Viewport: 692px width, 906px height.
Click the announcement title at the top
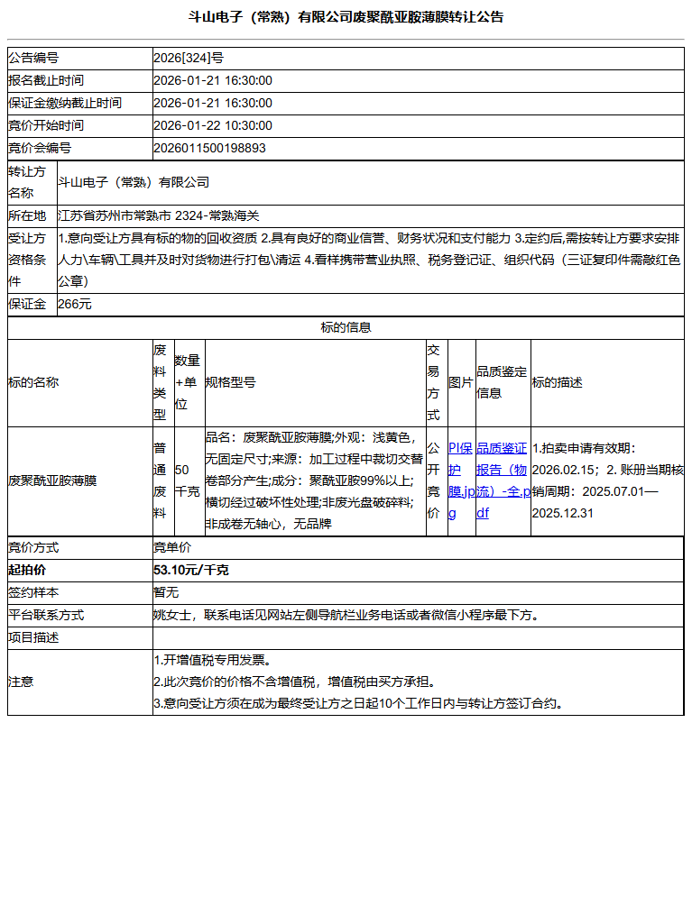point(346,17)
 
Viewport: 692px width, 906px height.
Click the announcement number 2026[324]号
point(189,58)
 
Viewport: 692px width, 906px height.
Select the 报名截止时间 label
point(46,80)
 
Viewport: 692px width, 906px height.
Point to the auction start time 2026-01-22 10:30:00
point(213,125)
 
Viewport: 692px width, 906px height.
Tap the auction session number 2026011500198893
point(209,148)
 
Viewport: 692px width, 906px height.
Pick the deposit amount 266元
point(75,305)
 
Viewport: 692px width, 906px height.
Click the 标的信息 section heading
point(346,328)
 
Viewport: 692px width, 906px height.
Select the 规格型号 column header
point(231,382)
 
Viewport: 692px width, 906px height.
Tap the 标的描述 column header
point(558,382)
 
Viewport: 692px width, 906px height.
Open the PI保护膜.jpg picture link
point(460,480)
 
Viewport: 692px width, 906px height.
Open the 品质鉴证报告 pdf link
point(502,480)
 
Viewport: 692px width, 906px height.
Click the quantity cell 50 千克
point(188,480)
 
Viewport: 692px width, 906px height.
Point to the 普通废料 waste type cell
point(160,480)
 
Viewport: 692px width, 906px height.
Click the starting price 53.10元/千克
point(191,571)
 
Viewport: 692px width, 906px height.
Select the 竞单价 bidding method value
point(172,547)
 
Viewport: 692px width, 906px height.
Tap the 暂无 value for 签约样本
point(166,593)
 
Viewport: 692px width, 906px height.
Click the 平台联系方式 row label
point(46,616)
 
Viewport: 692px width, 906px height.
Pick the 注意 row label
point(21,682)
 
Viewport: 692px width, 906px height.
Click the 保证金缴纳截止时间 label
point(65,103)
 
